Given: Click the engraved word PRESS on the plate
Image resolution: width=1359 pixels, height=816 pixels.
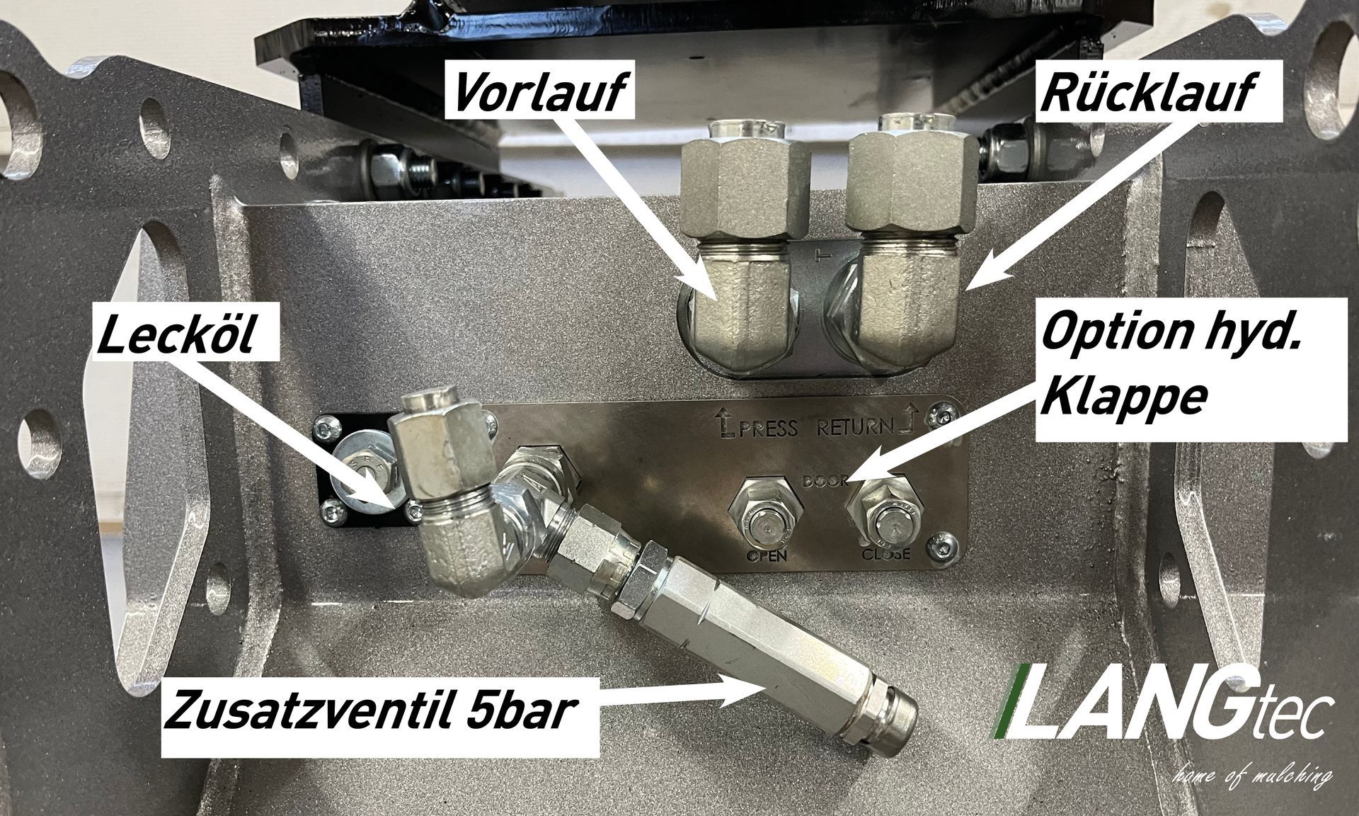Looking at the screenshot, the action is pyautogui.click(x=768, y=429).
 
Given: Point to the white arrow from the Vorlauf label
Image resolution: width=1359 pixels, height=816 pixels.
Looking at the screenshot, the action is pyautogui.click(x=641, y=212).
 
